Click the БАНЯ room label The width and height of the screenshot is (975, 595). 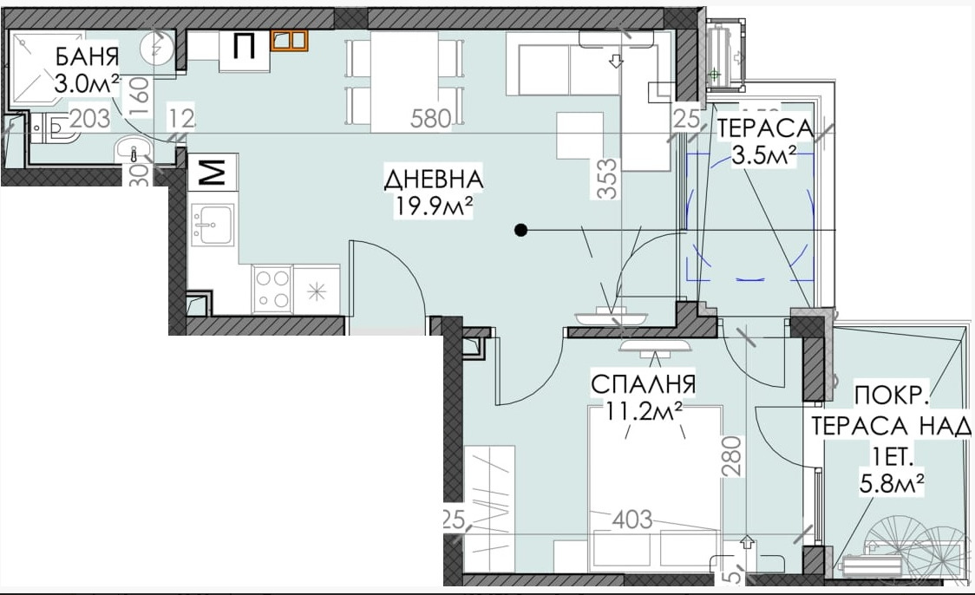pos(87,59)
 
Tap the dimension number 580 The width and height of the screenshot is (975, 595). pos(431,119)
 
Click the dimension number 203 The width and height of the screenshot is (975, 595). pos(89,120)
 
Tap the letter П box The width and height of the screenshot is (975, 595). pos(245,47)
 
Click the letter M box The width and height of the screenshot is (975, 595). pos(213,173)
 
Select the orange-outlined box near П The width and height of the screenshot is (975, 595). pos(289,41)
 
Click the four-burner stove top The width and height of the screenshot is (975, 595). pos(272,290)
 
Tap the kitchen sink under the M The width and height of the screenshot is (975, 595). pos(212,226)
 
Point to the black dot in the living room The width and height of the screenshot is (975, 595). pos(520,230)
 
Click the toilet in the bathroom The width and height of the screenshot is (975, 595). pos(54,127)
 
